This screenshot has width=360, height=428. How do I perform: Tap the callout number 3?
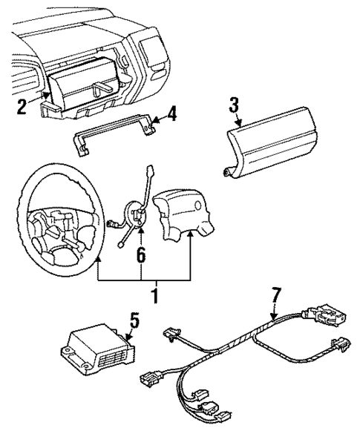coord(235,104)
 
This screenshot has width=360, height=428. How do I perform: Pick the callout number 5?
coord(134,321)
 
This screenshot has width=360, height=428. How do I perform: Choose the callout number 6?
coord(140,255)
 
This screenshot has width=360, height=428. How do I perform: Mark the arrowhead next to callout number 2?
coord(46,95)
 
